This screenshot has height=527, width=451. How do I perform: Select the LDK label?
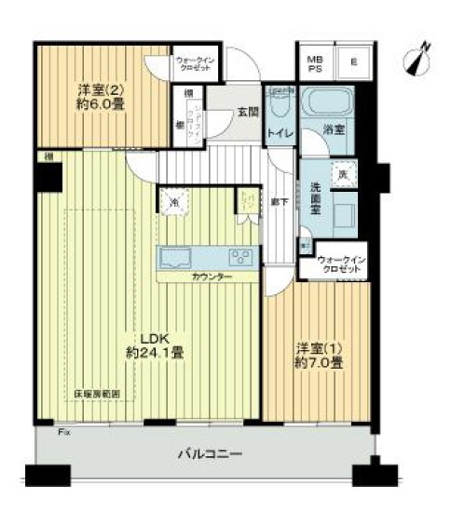point(154,338)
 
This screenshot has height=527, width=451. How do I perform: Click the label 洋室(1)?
point(318,347)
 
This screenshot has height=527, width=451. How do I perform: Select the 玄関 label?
point(248,112)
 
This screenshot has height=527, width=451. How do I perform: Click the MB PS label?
point(314,62)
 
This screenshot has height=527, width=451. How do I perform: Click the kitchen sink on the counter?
point(176,258)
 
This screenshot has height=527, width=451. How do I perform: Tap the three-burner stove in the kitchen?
point(239,258)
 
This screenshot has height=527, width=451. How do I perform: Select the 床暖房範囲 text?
point(97,395)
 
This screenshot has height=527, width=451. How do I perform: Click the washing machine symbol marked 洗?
point(343,173)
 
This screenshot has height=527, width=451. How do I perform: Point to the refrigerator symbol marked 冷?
point(174,201)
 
